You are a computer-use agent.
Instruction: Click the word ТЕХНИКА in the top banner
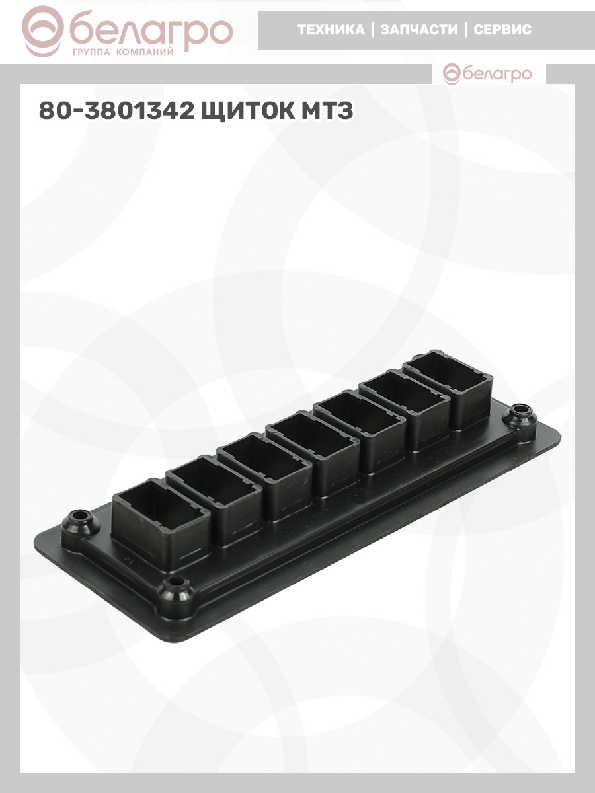pos(331,30)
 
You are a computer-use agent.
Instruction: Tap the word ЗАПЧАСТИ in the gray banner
pos(419,30)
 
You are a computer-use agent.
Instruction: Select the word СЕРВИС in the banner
pos(502,30)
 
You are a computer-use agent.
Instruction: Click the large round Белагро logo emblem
pos(42,32)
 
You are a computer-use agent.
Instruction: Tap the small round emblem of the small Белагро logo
pos(452,74)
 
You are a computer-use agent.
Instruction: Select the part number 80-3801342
pos(116,110)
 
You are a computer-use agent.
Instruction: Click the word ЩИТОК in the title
pos(248,110)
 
